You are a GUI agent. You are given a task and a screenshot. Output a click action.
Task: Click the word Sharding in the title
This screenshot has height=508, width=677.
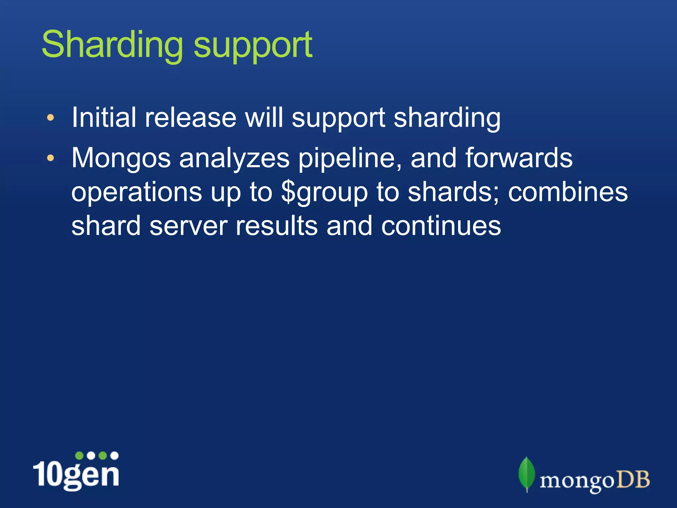tap(112, 45)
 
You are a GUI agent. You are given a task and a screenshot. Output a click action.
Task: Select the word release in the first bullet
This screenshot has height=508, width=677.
tap(191, 118)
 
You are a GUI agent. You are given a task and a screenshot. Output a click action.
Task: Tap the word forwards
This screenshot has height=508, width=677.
tap(519, 158)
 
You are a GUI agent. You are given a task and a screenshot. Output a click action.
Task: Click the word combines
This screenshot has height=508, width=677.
tap(568, 192)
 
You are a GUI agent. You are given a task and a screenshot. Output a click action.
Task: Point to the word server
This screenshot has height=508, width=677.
tap(188, 227)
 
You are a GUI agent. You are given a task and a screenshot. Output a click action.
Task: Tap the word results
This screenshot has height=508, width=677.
tap(276, 226)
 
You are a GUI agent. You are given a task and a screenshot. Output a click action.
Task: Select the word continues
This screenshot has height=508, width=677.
tap(441, 227)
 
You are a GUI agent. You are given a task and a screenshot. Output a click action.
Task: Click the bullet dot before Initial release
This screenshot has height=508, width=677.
tap(50, 118)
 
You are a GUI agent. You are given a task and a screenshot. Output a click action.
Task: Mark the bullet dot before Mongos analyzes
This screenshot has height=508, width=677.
tap(50, 158)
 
